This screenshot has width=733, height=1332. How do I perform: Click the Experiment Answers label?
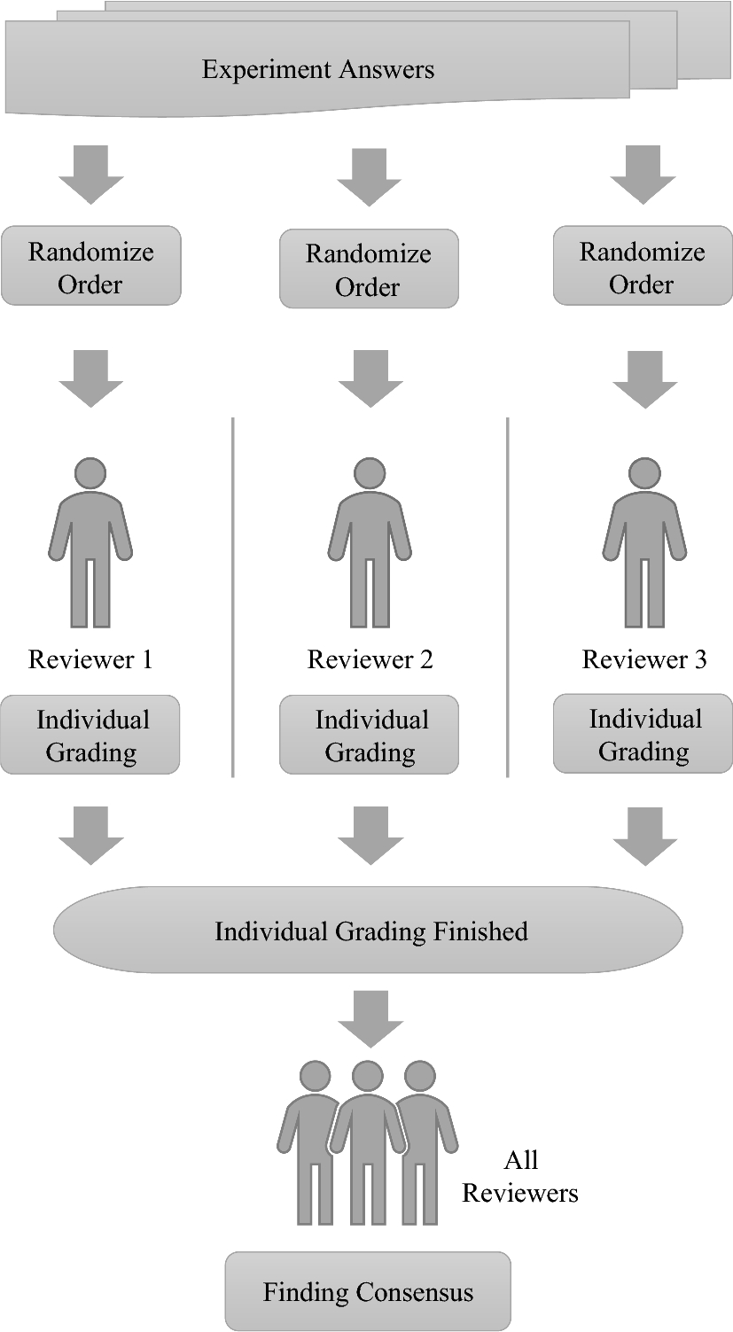pyautogui.click(x=317, y=69)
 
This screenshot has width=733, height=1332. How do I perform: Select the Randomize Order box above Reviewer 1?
pyautogui.click(x=90, y=267)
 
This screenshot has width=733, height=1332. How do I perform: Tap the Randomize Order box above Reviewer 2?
pyautogui.click(x=369, y=269)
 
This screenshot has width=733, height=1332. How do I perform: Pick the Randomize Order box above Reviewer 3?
pyautogui.click(x=642, y=267)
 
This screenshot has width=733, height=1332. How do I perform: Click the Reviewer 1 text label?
pyautogui.click(x=90, y=659)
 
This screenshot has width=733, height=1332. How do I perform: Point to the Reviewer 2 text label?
pyautogui.click(x=370, y=659)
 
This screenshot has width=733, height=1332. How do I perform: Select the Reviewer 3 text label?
pyautogui.click(x=644, y=659)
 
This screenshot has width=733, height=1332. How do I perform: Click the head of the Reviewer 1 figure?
pyautogui.click(x=90, y=472)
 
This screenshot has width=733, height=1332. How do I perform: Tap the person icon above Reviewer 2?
pyautogui.click(x=370, y=541)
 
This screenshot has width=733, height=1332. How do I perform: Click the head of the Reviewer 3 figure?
pyautogui.click(x=644, y=472)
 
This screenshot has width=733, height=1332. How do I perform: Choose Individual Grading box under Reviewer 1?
pyautogui.click(x=90, y=736)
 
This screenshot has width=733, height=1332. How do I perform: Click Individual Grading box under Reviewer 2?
pyautogui.click(x=370, y=736)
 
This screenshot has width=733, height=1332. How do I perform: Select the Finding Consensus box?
pyautogui.click(x=368, y=1292)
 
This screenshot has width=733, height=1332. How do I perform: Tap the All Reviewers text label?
pyautogui.click(x=520, y=1177)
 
